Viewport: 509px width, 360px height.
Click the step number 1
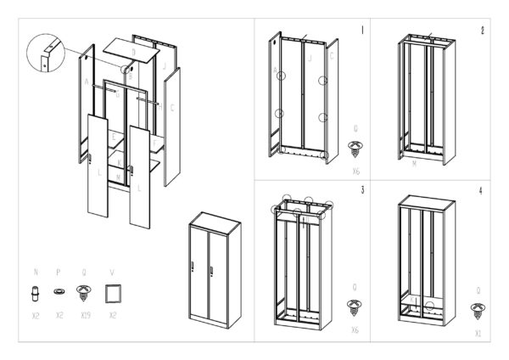[x=362, y=31]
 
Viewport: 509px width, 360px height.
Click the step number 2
[x=482, y=31]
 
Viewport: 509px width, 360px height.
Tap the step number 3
[x=362, y=190]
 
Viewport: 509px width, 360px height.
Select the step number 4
[x=481, y=190]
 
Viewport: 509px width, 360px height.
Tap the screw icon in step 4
[x=478, y=307]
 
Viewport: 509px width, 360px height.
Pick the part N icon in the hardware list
[x=36, y=294]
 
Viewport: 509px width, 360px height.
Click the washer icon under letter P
[x=59, y=291]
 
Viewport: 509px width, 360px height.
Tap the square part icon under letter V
[x=112, y=294]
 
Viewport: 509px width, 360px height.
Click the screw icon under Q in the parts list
[x=83, y=294]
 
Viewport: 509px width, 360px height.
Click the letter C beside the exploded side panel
[x=173, y=108]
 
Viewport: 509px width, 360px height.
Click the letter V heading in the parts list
[x=112, y=273]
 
